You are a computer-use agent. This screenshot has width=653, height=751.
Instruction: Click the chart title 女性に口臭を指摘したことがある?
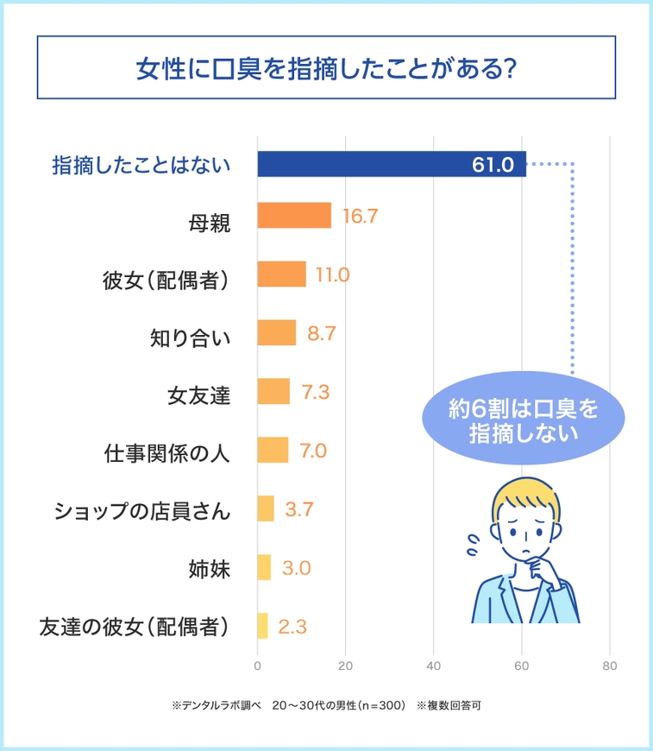[326, 68]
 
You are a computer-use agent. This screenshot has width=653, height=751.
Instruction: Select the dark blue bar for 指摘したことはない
[391, 164]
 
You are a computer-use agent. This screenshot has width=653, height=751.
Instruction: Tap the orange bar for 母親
[294, 216]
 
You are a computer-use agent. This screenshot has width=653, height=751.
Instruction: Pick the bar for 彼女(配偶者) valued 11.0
[281, 275]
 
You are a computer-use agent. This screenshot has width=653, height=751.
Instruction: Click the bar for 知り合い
[276, 333]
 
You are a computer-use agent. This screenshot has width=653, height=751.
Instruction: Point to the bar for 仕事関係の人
[273, 451]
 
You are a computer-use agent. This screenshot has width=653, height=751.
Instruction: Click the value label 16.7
[360, 216]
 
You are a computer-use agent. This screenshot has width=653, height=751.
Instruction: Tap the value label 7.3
[316, 392]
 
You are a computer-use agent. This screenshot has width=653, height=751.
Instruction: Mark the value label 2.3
[293, 627]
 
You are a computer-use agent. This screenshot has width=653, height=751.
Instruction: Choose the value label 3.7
[298, 509]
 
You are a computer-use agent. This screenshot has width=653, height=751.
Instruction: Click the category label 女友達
[198, 394]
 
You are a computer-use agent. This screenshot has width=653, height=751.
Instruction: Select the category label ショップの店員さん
[142, 511]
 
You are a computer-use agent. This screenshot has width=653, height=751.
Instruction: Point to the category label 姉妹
[209, 569]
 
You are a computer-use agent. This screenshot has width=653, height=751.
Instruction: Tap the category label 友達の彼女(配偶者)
[134, 628]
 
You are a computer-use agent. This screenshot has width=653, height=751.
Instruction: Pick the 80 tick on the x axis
[610, 666]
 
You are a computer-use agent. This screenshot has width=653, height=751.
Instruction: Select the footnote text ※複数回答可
[449, 705]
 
